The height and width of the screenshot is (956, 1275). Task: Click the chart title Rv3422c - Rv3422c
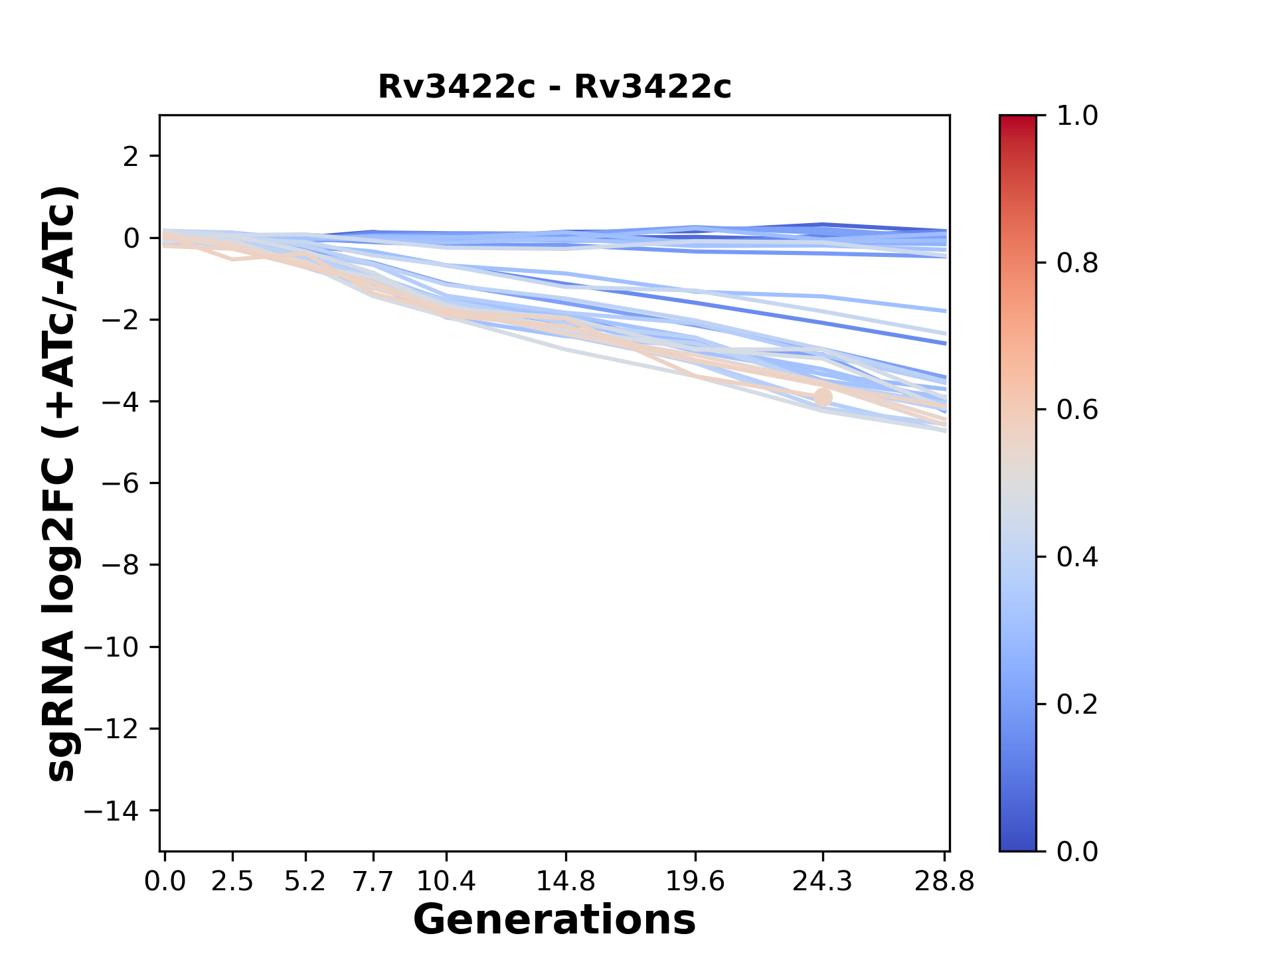pyautogui.click(x=554, y=87)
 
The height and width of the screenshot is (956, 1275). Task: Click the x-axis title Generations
pyautogui.click(x=554, y=919)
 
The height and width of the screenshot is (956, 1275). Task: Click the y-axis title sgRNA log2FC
pyautogui.click(x=61, y=483)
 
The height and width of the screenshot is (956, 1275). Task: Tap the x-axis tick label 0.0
pyautogui.click(x=165, y=882)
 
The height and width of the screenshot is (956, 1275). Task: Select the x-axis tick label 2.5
pyautogui.click(x=232, y=882)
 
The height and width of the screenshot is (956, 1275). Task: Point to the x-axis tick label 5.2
pyautogui.click(x=305, y=882)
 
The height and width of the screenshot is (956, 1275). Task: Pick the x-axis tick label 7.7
pyautogui.click(x=373, y=882)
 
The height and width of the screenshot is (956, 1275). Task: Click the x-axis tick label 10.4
pyautogui.click(x=446, y=882)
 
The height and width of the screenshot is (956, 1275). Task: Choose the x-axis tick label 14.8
pyautogui.click(x=566, y=882)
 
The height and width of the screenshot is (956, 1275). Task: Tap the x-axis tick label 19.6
pyautogui.click(x=695, y=882)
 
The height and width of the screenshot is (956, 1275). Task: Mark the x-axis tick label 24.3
pyautogui.click(x=823, y=882)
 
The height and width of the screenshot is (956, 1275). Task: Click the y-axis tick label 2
pyautogui.click(x=131, y=157)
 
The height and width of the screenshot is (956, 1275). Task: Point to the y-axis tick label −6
pyautogui.click(x=121, y=483)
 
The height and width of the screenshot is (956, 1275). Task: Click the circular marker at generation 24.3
pyautogui.click(x=823, y=398)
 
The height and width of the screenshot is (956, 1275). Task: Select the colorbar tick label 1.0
pyautogui.click(x=1077, y=116)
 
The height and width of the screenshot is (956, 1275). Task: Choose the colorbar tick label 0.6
pyautogui.click(x=1077, y=410)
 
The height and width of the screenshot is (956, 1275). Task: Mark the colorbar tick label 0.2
pyautogui.click(x=1077, y=704)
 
